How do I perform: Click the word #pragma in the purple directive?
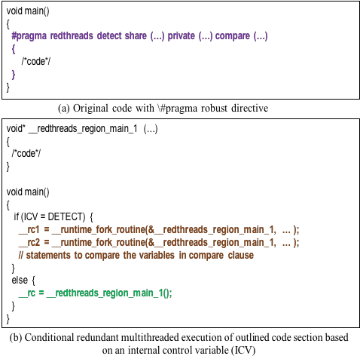pyautogui.click(x=29, y=36)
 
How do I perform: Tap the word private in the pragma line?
pyautogui.click(x=182, y=36)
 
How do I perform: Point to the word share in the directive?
pyautogui.click(x=136, y=36)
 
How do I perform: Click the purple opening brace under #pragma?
pyautogui.click(x=14, y=49)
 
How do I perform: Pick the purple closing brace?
pyautogui.click(x=14, y=75)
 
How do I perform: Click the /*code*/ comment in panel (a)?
pyautogui.click(x=36, y=61)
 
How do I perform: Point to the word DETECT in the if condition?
pyautogui.click(x=66, y=216)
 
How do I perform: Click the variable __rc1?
pyautogui.click(x=29, y=230)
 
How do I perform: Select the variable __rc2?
pyautogui.click(x=29, y=243)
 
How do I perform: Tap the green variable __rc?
pyautogui.click(x=27, y=293)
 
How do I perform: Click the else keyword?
pyautogui.click(x=20, y=280)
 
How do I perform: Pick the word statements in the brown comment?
pyautogui.click(x=48, y=255)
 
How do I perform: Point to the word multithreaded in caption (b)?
pyautogui.click(x=149, y=338)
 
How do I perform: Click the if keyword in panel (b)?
pyautogui.click(x=16, y=216)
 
